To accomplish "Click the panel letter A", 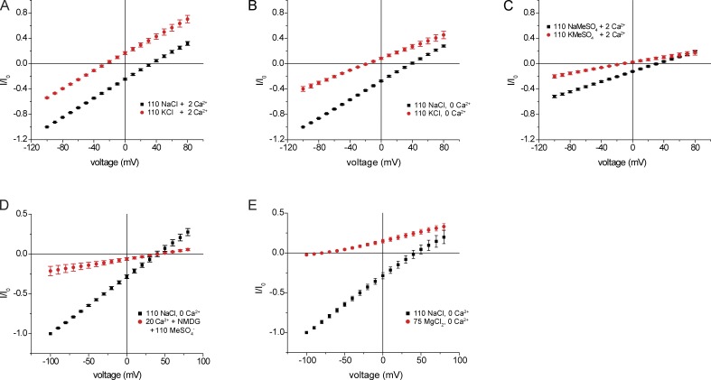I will coord(5,7).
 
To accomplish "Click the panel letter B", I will coord(260,7).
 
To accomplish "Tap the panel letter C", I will coord(512,7).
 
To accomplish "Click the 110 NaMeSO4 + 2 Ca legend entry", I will coord(587,16).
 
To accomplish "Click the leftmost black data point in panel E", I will coord(306,332).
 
